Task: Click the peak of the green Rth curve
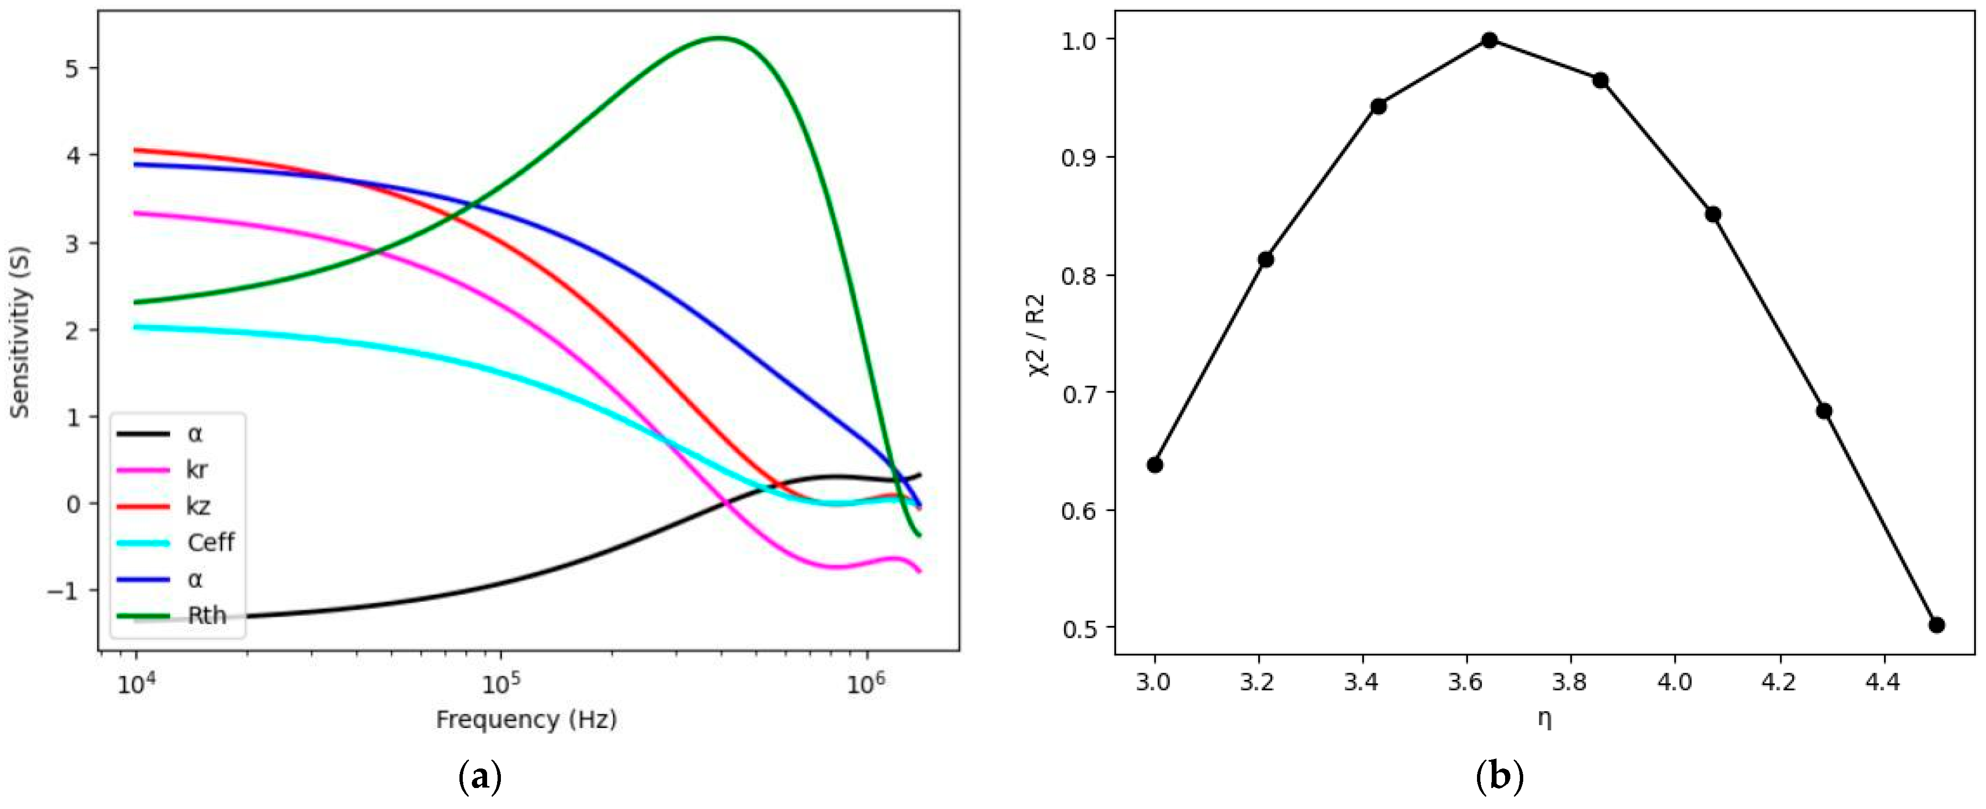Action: pos(719,37)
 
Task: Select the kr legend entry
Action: pos(196,470)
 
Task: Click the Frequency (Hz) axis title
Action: pos(527,719)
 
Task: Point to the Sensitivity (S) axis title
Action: pos(20,332)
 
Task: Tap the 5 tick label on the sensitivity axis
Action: pos(71,69)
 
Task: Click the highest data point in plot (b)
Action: pos(1489,40)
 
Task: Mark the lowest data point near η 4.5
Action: pos(1936,625)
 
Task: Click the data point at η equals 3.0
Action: pos(1155,464)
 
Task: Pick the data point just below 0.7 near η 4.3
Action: pos(1824,411)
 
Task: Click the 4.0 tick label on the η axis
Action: pos(1674,683)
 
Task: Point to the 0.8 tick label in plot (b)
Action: pos(1079,276)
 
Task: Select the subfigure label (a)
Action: pos(480,777)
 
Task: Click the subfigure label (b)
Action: pos(1499,777)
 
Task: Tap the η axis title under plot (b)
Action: pos(1544,719)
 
